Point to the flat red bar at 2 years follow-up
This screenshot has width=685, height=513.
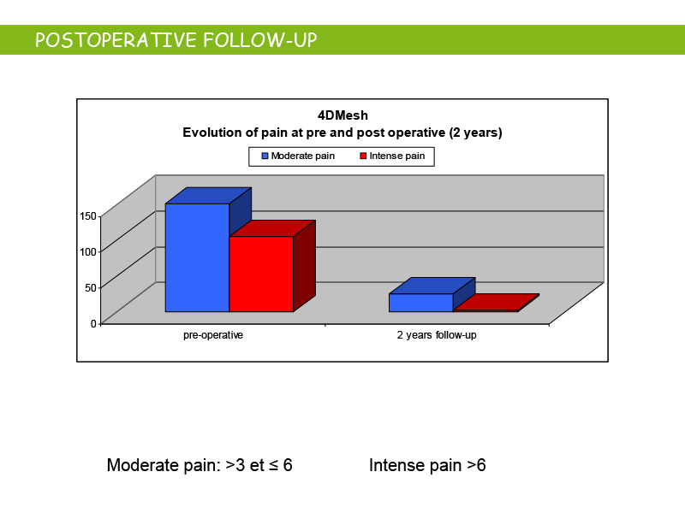pos(497,303)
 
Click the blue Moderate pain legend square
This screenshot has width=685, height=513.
pos(265,156)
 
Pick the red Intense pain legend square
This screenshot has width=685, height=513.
pos(363,156)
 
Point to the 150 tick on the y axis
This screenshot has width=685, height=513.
pos(88,216)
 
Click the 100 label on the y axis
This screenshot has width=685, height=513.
pos(88,251)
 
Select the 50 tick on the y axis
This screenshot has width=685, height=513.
pos(91,288)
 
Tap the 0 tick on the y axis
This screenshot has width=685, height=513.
pos(93,324)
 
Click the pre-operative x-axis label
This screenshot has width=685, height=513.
pos(213,335)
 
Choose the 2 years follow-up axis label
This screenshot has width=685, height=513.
pos(437,335)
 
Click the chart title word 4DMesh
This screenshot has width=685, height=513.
pos(343,115)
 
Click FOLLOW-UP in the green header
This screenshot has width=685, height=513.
pos(260,40)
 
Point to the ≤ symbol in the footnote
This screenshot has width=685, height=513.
pos(273,465)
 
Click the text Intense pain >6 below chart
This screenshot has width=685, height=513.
pos(427,465)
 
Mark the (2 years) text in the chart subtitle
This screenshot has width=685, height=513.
pos(476,133)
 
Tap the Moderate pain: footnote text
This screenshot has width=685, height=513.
pos(164,465)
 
